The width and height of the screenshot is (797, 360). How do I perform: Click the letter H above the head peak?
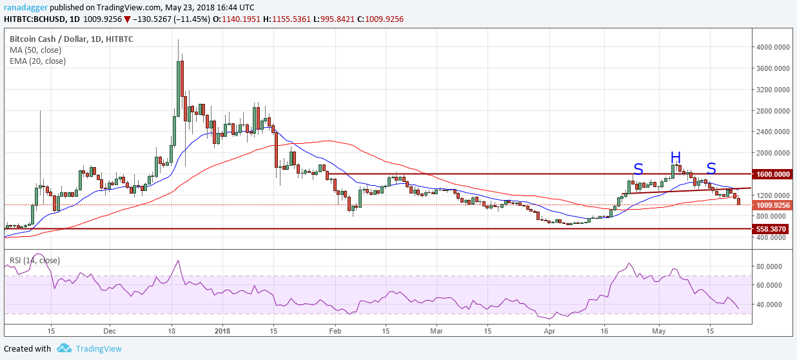pyautogui.click(x=675, y=157)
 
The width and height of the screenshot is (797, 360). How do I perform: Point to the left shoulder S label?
pyautogui.click(x=638, y=169)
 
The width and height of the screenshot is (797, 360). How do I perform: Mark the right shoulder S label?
pyautogui.click(x=711, y=168)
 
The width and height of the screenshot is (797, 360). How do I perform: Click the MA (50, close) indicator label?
pyautogui.click(x=37, y=50)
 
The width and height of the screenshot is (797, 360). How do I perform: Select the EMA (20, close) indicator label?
pyautogui.click(x=37, y=61)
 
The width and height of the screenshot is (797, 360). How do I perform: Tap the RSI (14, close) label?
pyautogui.click(x=34, y=261)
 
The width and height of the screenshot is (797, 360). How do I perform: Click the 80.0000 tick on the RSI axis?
pyautogui.click(x=769, y=266)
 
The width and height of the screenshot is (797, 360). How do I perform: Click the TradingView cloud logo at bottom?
pyautogui.click(x=64, y=348)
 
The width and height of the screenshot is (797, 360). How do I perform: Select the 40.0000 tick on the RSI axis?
pyautogui.click(x=769, y=305)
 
